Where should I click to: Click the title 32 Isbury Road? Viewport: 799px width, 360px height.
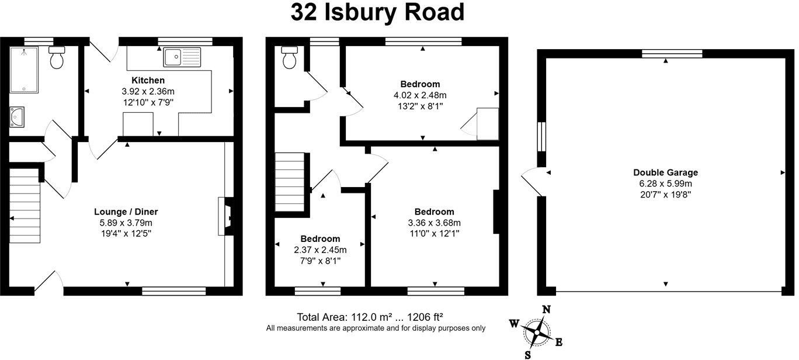tap(377, 13)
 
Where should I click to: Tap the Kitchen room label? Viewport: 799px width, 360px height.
tap(148, 80)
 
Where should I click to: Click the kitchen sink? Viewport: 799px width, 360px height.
tap(182, 57)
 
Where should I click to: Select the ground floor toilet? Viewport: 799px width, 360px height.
tap(57, 58)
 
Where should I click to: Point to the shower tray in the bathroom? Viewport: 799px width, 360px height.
tap(25, 68)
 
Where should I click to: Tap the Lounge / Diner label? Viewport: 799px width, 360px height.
tap(126, 212)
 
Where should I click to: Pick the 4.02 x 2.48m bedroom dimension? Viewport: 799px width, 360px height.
tap(420, 95)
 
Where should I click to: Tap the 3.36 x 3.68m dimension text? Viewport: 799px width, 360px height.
tap(434, 223)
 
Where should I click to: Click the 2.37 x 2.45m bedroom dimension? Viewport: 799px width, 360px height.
tap(320, 250)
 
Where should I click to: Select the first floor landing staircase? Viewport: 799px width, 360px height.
tap(290, 182)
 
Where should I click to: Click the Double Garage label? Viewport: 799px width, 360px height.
tap(665, 172)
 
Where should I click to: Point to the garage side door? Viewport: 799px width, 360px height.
tap(533, 182)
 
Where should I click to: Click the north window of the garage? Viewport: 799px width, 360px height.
tap(672, 54)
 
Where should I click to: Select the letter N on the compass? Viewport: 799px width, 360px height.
tap(547, 310)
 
